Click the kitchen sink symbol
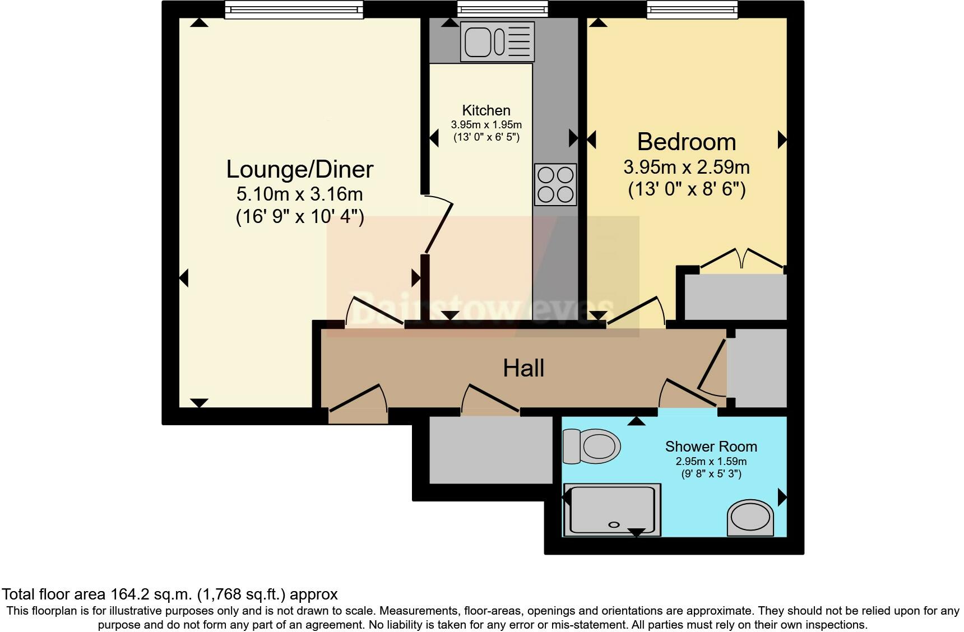pos(497,43)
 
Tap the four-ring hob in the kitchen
pos(555,184)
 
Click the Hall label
pos(523,369)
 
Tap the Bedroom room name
pos(687,142)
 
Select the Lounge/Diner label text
pos(300,169)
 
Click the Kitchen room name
pos(486,110)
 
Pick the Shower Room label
pos(711,447)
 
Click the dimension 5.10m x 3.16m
pos(300,194)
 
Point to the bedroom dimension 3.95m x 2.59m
pos(687,167)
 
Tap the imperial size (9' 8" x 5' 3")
pos(711,474)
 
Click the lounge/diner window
pos(294,10)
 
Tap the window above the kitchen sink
pos(502,9)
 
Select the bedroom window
pos(692,9)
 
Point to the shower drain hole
pos(614,524)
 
